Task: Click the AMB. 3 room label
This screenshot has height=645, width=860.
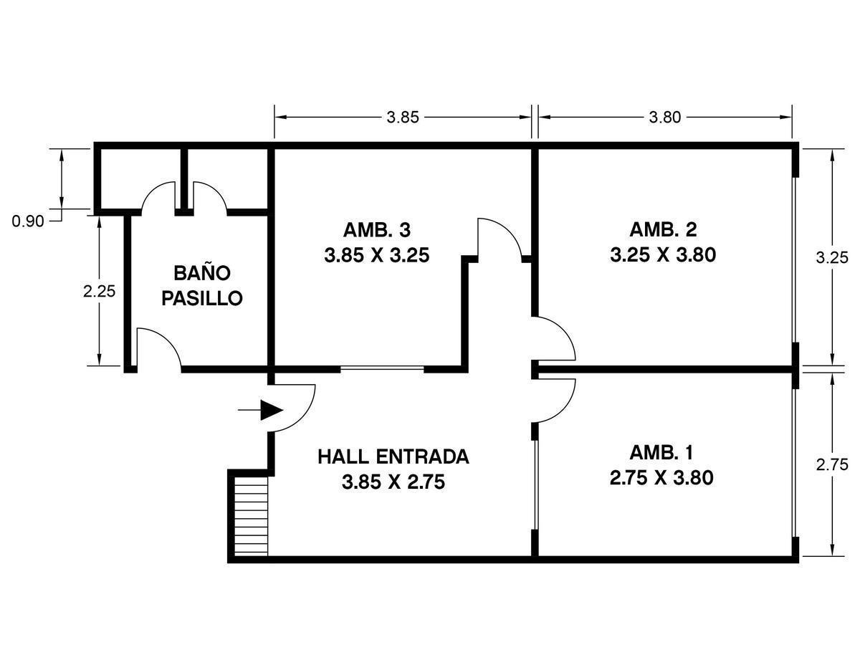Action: click(376, 230)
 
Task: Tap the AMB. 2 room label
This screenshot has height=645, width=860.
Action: click(663, 230)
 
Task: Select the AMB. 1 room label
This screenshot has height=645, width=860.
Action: click(661, 453)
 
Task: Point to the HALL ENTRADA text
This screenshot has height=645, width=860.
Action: click(393, 457)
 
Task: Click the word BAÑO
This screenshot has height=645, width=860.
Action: click(202, 273)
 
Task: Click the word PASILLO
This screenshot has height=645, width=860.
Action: click(202, 298)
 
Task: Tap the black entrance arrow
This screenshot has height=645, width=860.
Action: click(270, 410)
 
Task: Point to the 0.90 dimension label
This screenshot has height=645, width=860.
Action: click(28, 221)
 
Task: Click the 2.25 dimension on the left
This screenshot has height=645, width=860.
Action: click(98, 292)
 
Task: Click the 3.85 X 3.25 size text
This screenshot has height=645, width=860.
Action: click(376, 255)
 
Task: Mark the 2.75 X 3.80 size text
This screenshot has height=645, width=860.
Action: click(661, 478)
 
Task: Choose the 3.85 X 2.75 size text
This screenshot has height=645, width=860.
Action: click(393, 482)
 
